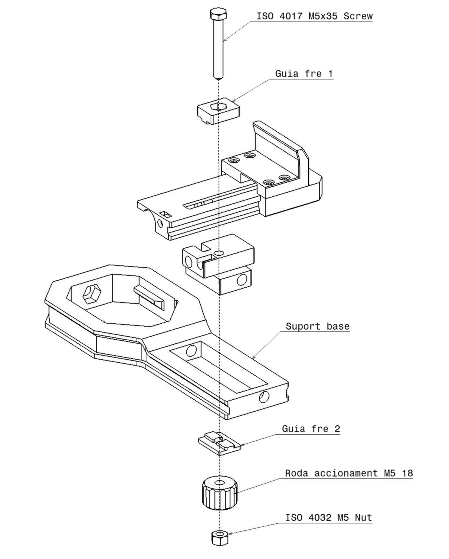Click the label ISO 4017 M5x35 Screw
[314, 16]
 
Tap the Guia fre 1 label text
[304, 73]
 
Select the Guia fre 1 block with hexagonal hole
[218, 111]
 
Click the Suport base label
[317, 326]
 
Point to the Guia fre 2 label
[311, 429]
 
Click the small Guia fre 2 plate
[219, 442]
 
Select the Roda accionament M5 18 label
[348, 473]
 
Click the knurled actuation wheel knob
[220, 494]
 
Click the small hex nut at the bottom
[219, 537]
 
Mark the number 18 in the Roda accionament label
[407, 473]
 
